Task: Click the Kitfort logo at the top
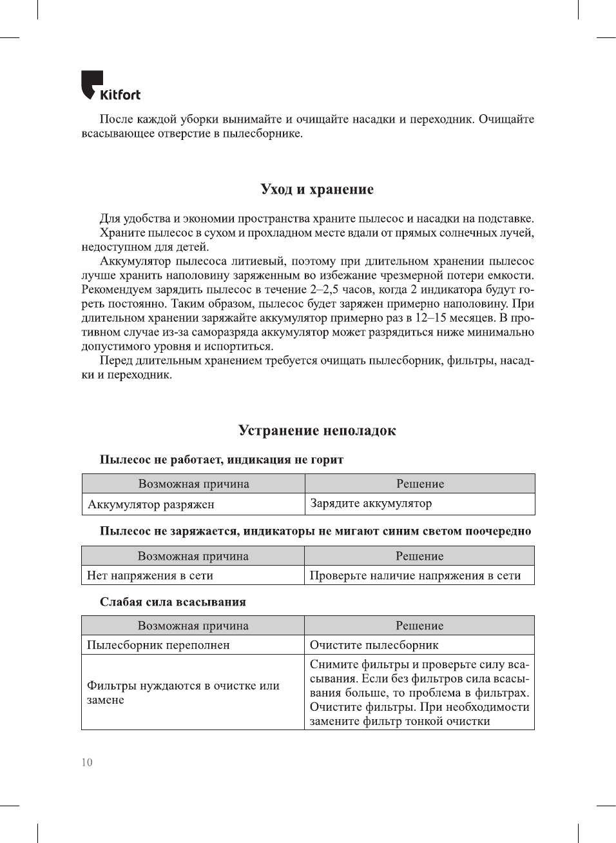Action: click(110, 86)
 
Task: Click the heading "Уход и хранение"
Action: click(317, 189)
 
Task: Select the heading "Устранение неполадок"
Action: click(317, 430)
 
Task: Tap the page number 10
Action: click(87, 762)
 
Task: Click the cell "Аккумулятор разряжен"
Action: click(151, 504)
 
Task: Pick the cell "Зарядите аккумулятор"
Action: click(371, 503)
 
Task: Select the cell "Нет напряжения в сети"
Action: click(150, 575)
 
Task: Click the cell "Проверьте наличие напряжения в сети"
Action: click(415, 575)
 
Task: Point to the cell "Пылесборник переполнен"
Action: click(159, 645)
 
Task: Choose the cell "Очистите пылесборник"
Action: click(374, 645)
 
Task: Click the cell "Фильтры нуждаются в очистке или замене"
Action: click(183, 692)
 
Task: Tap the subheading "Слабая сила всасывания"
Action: click(173, 602)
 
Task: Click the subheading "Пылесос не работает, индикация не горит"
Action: click(222, 459)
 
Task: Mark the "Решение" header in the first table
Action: click(420, 484)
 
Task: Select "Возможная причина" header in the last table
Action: click(193, 626)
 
